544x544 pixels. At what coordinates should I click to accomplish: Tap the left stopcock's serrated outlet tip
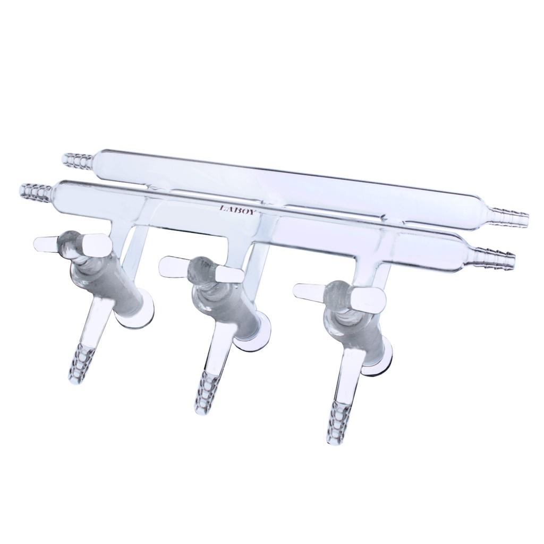pos(80,364)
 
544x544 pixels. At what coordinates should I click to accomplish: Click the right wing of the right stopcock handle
pos(370,301)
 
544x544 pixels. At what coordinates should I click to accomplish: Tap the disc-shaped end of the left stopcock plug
pos(135,318)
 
